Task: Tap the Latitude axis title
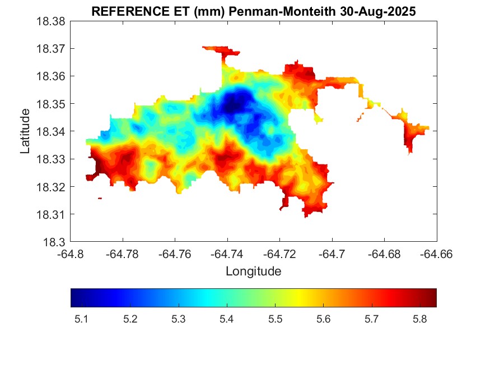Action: pos(25,131)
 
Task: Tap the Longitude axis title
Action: pos(253,272)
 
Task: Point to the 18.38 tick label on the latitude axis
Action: pos(51,21)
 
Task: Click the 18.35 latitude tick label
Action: pos(51,104)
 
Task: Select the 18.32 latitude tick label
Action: pos(51,187)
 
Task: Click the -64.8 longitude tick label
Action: pos(71,254)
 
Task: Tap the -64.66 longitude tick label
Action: pos(436,254)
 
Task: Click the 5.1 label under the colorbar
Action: pos(81,319)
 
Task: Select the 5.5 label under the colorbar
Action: pos(275,319)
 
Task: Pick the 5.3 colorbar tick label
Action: pos(178,319)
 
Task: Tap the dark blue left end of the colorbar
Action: pos(74,297)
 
